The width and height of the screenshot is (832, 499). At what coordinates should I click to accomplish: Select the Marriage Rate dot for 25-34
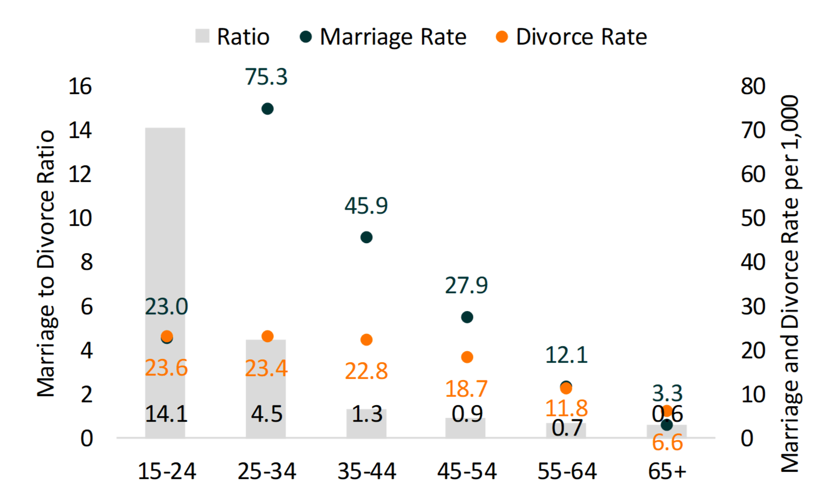click(x=267, y=108)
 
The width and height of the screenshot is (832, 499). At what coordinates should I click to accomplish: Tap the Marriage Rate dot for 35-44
click(x=366, y=238)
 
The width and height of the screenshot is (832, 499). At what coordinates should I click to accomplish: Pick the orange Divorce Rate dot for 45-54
click(x=467, y=357)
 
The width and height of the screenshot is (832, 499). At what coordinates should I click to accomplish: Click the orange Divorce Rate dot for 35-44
click(x=366, y=340)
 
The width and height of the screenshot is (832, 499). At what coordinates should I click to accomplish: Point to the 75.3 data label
click(x=266, y=77)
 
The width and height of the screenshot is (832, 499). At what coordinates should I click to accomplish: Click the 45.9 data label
click(x=366, y=206)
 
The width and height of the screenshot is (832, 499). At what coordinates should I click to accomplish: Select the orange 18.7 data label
click(x=466, y=389)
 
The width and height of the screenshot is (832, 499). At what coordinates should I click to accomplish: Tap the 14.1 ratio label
click(x=166, y=414)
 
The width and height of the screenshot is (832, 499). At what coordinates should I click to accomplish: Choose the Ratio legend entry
click(x=233, y=37)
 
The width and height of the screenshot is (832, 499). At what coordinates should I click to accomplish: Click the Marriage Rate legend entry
click(x=383, y=37)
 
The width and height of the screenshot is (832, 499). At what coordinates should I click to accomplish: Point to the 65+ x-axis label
click(x=667, y=471)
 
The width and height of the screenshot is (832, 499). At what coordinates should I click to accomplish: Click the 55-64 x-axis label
click(x=567, y=471)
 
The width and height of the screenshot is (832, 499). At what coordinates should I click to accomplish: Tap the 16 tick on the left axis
click(x=80, y=86)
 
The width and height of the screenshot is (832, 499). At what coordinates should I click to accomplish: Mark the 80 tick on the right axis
click(x=753, y=86)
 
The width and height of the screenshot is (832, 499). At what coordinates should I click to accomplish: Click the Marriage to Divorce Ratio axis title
click(x=46, y=263)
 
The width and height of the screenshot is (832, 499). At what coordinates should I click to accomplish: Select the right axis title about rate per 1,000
click(x=790, y=284)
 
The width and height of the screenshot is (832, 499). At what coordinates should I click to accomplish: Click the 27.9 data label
click(x=466, y=285)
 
